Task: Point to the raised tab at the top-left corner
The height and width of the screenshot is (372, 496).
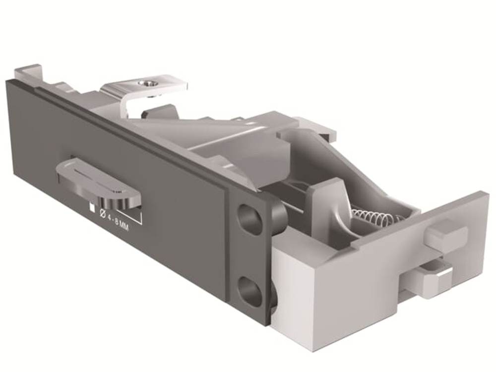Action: click(27, 72)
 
